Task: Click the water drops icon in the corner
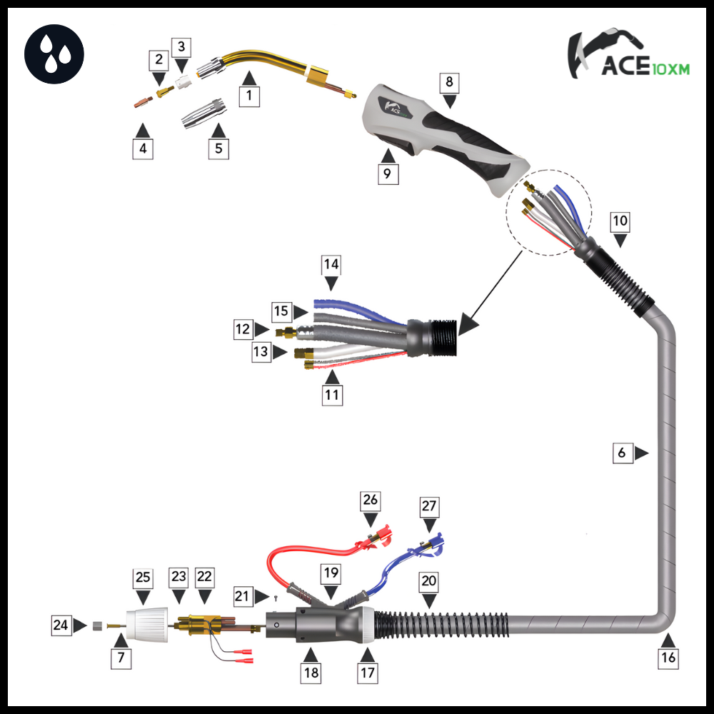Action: pyautogui.click(x=54, y=54)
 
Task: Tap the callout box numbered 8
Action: pyautogui.click(x=449, y=82)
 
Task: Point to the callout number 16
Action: pyautogui.click(x=668, y=658)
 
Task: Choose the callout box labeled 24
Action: pyautogui.click(x=61, y=626)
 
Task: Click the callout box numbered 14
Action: pyautogui.click(x=331, y=264)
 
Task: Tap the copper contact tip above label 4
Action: pyautogui.click(x=141, y=101)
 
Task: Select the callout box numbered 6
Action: pyautogui.click(x=623, y=453)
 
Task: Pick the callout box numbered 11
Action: pyautogui.click(x=332, y=394)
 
